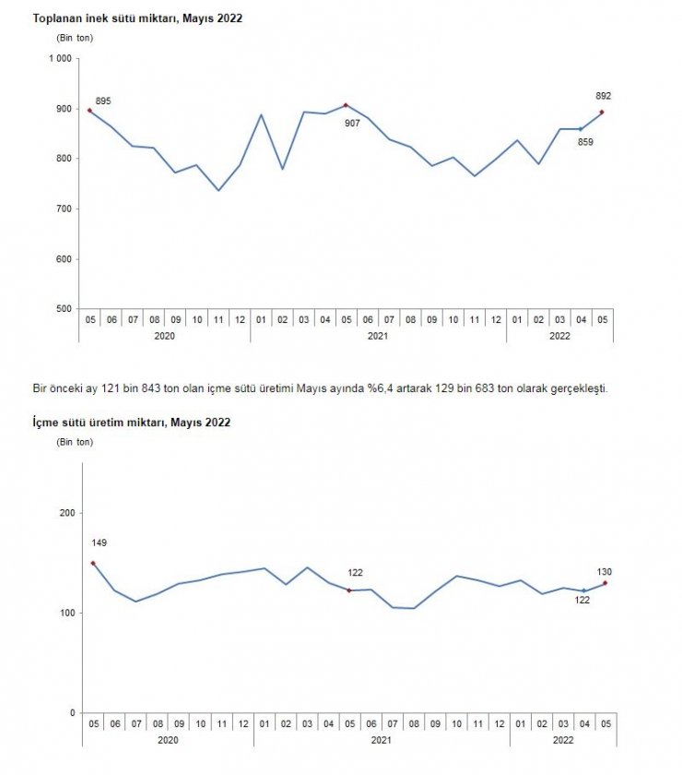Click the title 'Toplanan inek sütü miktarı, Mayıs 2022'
pos(137,18)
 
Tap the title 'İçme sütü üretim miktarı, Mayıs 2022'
pos(131,423)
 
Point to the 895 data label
pos(103,101)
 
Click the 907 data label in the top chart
pos(352,123)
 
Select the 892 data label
pos(604,96)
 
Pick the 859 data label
pos(584,141)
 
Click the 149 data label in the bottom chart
pos(99,542)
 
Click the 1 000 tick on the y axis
pos(59,59)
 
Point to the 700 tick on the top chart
pos(63,209)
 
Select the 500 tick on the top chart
pos(63,309)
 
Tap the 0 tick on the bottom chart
pos(68,713)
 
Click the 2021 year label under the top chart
pos(378,337)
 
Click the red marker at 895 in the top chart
pos(89,111)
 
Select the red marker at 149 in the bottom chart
pos(93,563)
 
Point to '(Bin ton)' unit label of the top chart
pos(75,38)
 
